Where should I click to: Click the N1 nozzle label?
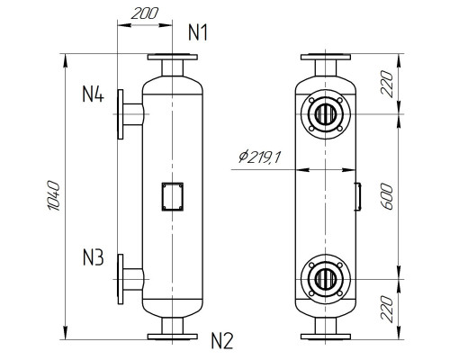click(x=199, y=33)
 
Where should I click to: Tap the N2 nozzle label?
click(x=222, y=340)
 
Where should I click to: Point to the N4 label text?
click(x=94, y=93)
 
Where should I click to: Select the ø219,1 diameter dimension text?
click(x=261, y=157)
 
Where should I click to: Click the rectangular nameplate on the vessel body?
click(x=170, y=196)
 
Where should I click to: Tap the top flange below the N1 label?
click(x=170, y=58)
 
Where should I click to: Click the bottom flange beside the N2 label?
click(x=170, y=336)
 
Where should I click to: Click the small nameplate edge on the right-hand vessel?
click(x=357, y=194)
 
